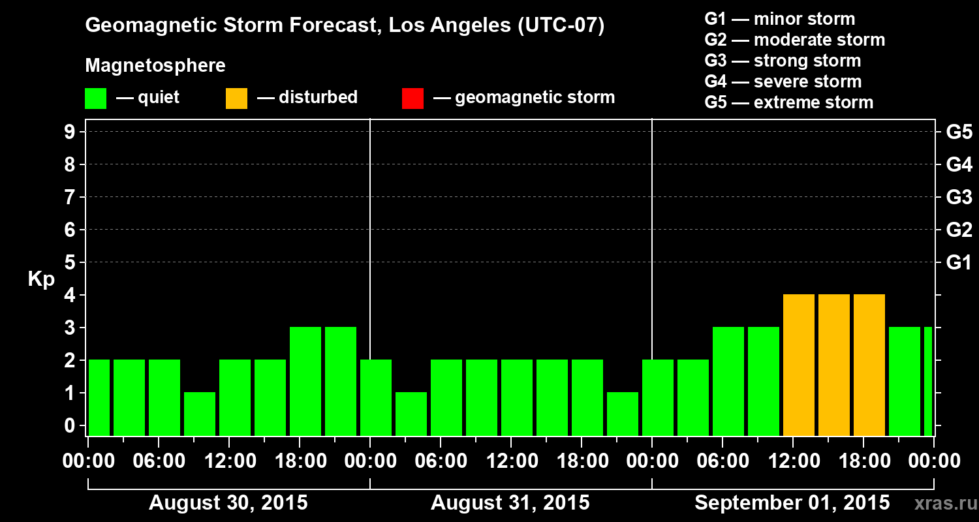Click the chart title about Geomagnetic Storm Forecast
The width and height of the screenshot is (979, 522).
pos(345,26)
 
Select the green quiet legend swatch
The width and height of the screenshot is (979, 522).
pos(95,98)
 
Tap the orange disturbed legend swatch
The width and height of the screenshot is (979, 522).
pos(236,98)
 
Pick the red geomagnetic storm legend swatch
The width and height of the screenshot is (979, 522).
pos(412,98)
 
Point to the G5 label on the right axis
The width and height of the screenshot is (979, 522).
pos(959,132)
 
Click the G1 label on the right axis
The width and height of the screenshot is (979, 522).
pos(959,263)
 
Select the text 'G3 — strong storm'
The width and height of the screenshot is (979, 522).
pos(783,61)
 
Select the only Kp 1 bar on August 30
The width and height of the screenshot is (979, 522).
pos(200,414)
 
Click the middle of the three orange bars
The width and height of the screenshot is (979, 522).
pos(834,365)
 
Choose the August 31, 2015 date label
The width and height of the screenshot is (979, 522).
pos(510,503)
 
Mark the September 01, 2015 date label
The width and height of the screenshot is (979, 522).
pos(792,503)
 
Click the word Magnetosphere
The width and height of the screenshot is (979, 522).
pos(155,66)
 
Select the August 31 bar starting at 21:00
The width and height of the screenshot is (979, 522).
pos(623,414)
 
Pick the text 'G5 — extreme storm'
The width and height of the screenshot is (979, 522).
pos(788,102)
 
